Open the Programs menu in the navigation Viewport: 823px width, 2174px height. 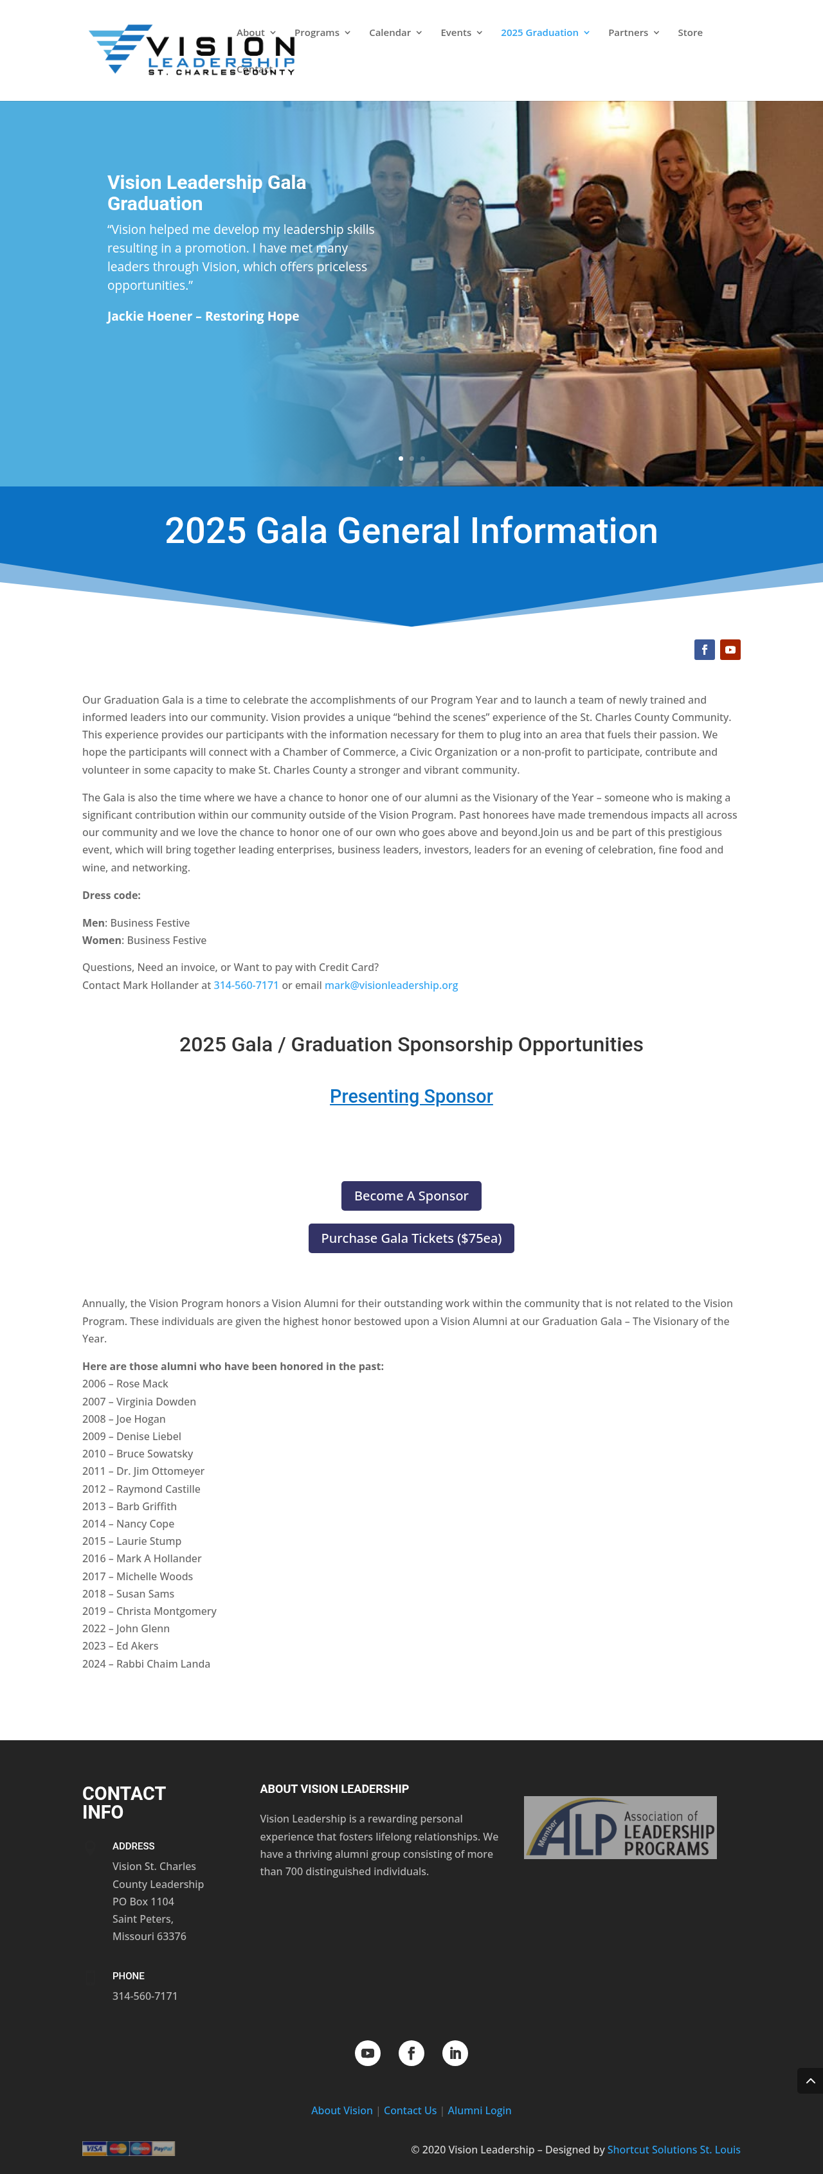coord(321,33)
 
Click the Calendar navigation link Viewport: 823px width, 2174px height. coord(394,33)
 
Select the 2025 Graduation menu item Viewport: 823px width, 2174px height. coord(545,33)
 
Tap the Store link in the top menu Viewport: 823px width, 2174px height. coord(690,33)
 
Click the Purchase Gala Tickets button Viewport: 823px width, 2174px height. coord(411,1238)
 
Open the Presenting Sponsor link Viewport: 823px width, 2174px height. coord(411,1096)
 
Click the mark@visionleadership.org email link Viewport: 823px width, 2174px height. coord(391,985)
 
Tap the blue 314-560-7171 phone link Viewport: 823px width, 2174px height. coord(246,985)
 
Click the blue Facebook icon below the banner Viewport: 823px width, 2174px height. coord(704,649)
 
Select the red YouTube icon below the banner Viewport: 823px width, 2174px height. coord(730,649)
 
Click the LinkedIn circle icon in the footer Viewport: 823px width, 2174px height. coord(455,2053)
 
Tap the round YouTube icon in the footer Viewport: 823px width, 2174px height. coord(367,2053)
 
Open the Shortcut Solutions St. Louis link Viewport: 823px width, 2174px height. coord(674,2149)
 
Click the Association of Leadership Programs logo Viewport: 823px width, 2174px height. coord(620,1826)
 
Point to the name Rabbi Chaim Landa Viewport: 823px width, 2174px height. coord(163,1663)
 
